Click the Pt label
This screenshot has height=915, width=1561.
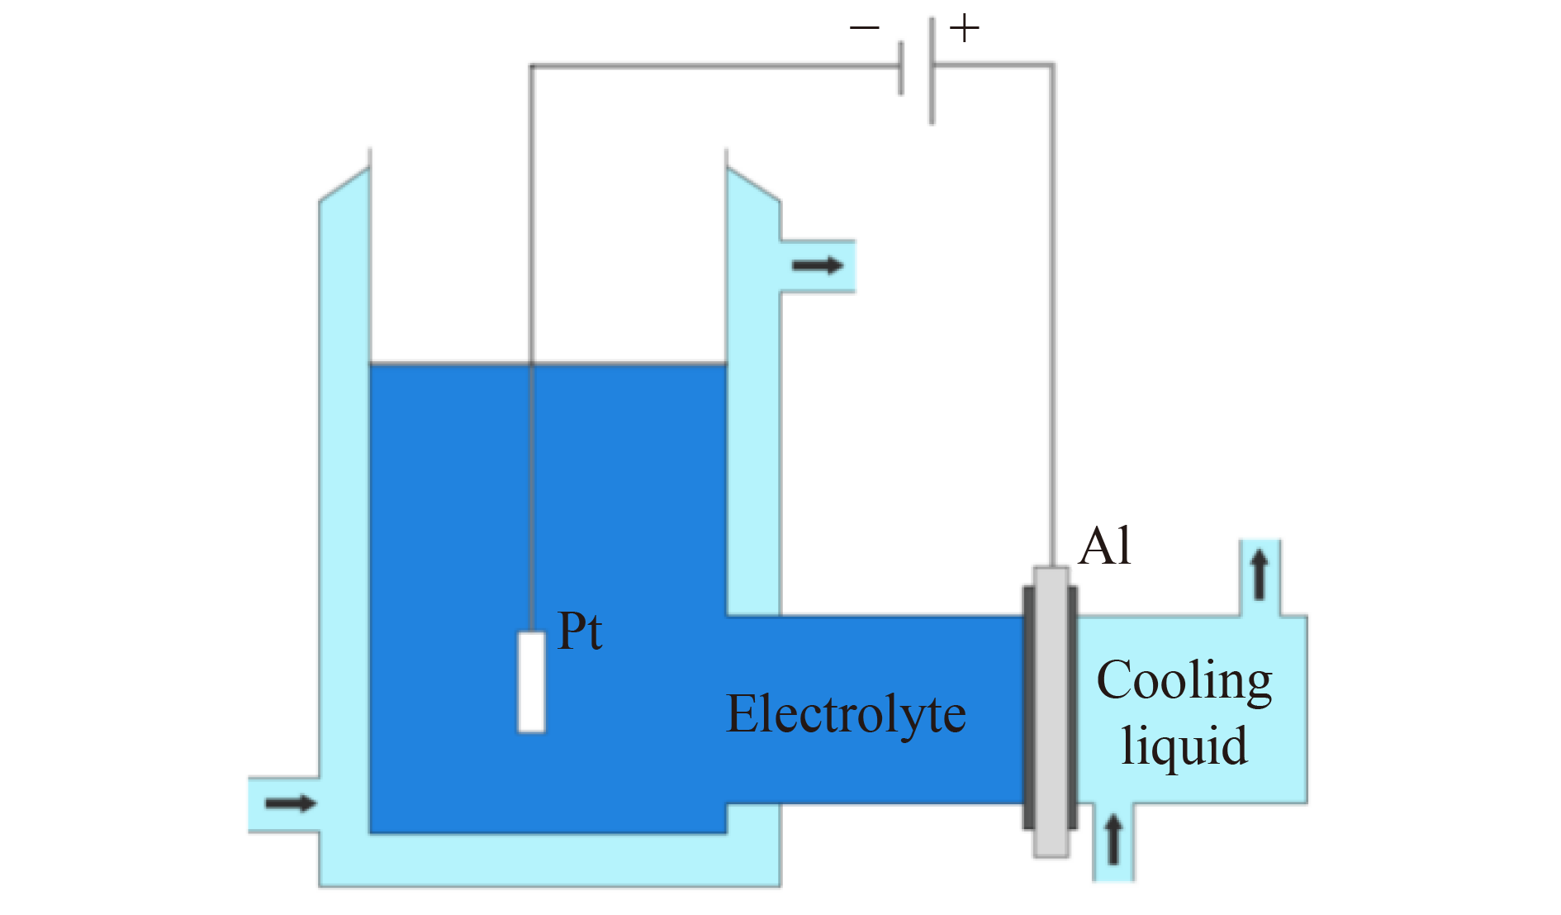coord(580,632)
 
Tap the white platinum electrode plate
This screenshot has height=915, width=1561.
coord(532,682)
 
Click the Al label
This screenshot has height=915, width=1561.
coord(1104,546)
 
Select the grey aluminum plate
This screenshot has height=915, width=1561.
coord(1051,711)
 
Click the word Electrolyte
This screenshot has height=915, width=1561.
coord(846,715)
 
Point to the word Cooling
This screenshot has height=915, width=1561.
coord(1184,682)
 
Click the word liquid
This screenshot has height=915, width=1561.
coord(1184,746)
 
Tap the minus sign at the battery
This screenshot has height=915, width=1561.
coord(864,29)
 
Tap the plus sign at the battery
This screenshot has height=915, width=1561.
coord(964,29)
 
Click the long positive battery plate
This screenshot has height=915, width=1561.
coord(932,70)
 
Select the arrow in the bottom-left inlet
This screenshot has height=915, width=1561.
coord(291,803)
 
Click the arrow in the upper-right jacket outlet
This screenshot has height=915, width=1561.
coord(817,265)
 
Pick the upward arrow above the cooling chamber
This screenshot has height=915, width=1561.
coord(1260,575)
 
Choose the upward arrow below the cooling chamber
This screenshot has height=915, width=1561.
coord(1113,838)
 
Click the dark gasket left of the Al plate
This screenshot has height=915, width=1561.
coord(1028,708)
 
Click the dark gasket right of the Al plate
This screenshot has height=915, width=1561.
coord(1073,708)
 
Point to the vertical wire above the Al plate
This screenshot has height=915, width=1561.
coord(1052,331)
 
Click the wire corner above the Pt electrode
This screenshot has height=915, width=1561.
coord(531,66)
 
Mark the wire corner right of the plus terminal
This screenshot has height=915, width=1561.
coord(1052,64)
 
